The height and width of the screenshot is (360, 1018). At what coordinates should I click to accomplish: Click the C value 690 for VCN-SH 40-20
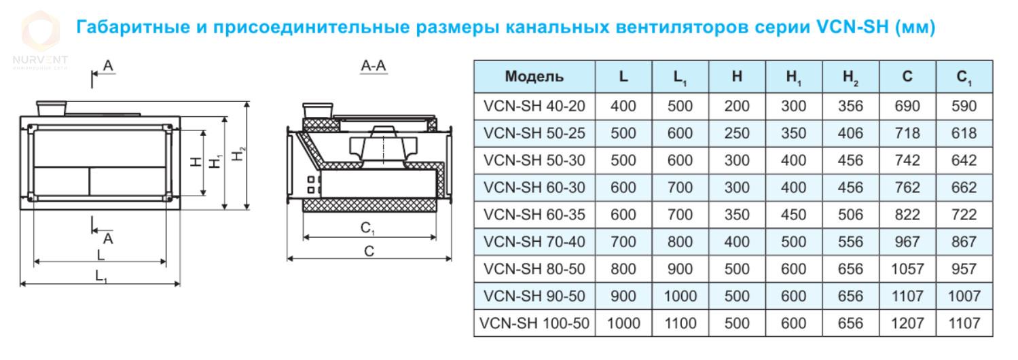pos(907,107)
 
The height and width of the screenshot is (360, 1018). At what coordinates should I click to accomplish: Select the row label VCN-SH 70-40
pos(534,242)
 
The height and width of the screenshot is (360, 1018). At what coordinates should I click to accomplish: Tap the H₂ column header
pos(850,77)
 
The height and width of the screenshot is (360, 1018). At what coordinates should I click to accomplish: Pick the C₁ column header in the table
pos(964,77)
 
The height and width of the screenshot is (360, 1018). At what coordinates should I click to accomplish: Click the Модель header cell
pos(534,76)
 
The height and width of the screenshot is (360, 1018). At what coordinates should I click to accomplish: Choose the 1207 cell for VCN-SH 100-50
pos(907,323)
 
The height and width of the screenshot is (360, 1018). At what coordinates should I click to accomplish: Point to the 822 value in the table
pos(907,215)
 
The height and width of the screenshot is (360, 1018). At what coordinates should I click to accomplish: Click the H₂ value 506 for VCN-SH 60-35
pos(850,215)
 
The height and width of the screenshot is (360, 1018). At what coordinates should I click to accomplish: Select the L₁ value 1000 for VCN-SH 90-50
pos(680,296)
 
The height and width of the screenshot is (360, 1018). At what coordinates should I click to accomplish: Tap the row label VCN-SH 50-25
pos(534,133)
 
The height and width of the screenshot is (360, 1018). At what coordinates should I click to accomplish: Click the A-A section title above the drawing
pos(373,66)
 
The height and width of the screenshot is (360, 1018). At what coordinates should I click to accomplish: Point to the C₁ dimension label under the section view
pos(367,228)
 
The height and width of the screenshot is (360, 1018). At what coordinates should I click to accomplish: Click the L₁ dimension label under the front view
pos(101,276)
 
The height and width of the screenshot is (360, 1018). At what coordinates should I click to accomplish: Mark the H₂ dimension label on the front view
pos(238,154)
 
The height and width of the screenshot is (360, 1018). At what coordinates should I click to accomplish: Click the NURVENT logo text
pos(40,60)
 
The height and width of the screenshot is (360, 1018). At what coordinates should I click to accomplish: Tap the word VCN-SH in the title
pos(852,26)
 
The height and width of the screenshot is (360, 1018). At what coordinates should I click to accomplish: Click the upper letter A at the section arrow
pos(108,66)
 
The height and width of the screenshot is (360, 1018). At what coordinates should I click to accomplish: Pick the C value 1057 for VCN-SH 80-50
pos(907,269)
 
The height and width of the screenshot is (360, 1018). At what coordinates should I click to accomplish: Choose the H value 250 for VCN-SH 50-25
pos(737,133)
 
